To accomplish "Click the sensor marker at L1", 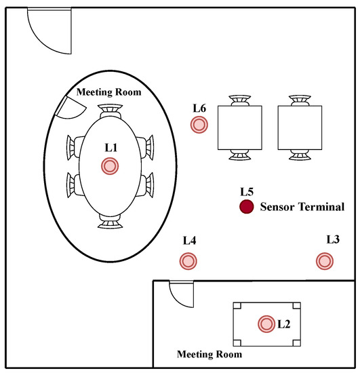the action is pos(110,166).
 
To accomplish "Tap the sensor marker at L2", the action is pos(266,324).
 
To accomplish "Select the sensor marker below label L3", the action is pos(325,261).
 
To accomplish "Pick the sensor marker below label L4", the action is pos(188,261).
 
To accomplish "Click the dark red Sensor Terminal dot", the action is pos(246,206).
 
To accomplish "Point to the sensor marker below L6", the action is pos(199,125).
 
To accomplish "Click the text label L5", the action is pos(247,192).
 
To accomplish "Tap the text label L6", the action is pos(199,109).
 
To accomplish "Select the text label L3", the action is pos(333,239).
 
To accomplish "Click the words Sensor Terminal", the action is pos(302,207).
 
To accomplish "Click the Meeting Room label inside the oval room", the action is pos(109,92).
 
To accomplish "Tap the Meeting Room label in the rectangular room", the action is pos(209,354).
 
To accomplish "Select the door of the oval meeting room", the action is pos(70,108).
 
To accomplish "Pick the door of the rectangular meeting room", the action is pos(181,294).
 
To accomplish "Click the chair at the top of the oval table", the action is pos(110,111).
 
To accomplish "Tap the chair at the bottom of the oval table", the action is pos(110,222).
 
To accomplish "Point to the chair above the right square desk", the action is pos(300,101).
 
